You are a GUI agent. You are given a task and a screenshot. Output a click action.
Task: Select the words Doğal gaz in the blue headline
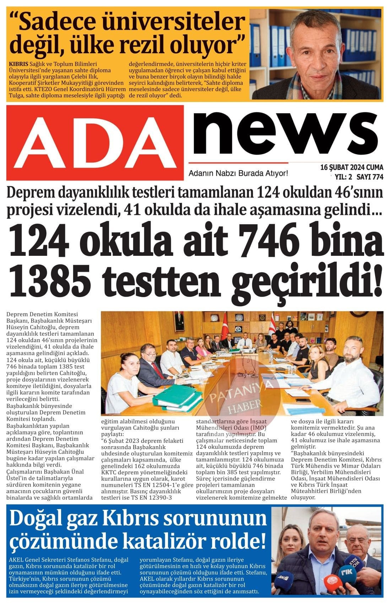[x=57, y=519]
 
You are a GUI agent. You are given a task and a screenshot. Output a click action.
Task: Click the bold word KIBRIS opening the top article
[x=18, y=64]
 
